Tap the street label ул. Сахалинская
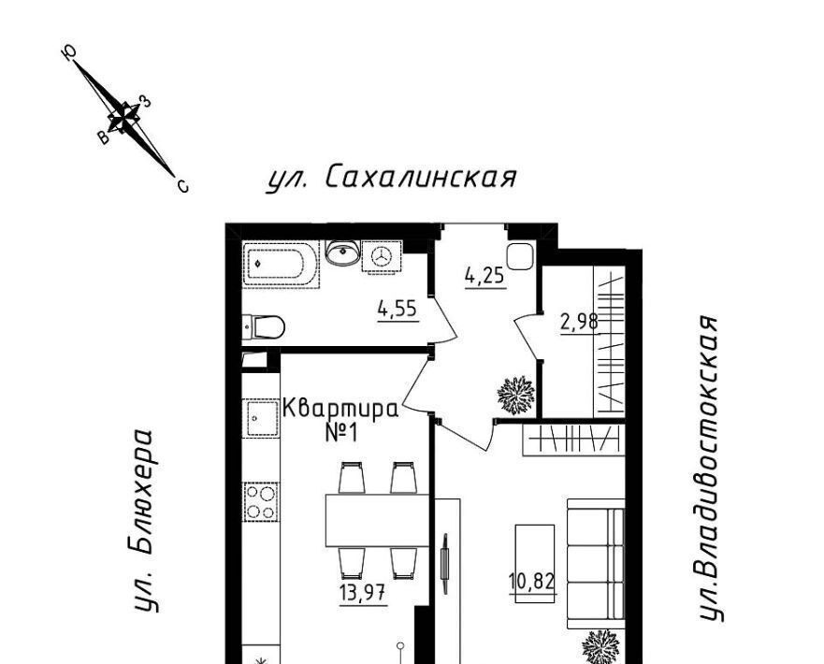pos(392,178)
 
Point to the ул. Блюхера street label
pos(142,521)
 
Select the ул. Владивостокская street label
pos(710,468)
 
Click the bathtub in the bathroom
pos(282,263)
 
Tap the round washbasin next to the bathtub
pos(342,253)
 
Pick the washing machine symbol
pos(382,256)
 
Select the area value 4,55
pos(398,310)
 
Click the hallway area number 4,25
pos(485,276)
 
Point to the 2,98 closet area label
pos(579,322)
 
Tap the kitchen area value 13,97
pos(363,594)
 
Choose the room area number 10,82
pos(532,582)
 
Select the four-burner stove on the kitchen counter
pos(261,502)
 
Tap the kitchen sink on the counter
pos(261,418)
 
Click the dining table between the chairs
pos(377,520)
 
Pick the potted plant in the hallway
pos(516,395)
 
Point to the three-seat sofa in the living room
pos(596,563)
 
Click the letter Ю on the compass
pos(69,52)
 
